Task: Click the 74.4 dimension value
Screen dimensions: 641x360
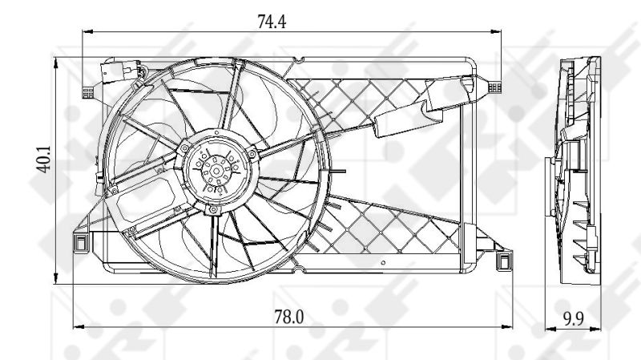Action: point(272,22)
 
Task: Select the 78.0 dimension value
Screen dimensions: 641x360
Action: point(288,317)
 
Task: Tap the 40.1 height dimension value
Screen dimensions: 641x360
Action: point(44,159)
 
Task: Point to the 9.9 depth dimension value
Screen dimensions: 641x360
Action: point(574,318)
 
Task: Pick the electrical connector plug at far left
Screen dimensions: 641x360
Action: point(87,92)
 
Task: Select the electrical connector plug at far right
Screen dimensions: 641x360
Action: point(494,87)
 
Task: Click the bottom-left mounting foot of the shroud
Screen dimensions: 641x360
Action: point(80,243)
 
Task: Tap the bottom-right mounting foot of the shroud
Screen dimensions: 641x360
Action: point(506,261)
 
